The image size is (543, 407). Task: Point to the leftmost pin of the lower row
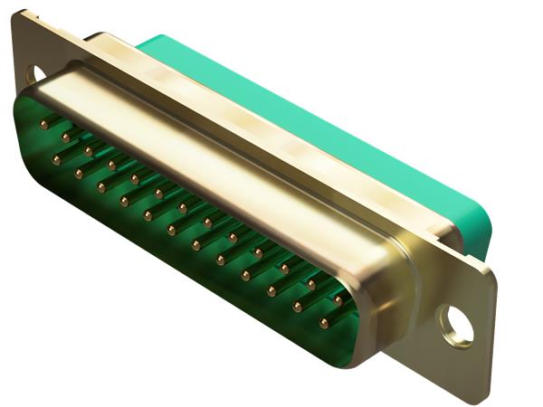(56, 160)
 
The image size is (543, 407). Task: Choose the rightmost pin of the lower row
(323, 322)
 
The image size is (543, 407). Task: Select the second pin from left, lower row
(79, 173)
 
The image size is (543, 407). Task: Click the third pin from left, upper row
(89, 149)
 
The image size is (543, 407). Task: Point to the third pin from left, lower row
(101, 186)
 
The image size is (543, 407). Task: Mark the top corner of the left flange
(20, 14)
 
